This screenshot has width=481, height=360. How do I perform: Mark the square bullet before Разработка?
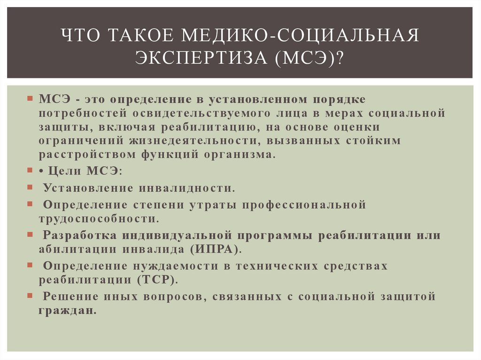click(x=30, y=234)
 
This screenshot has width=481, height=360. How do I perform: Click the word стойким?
click(x=374, y=140)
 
